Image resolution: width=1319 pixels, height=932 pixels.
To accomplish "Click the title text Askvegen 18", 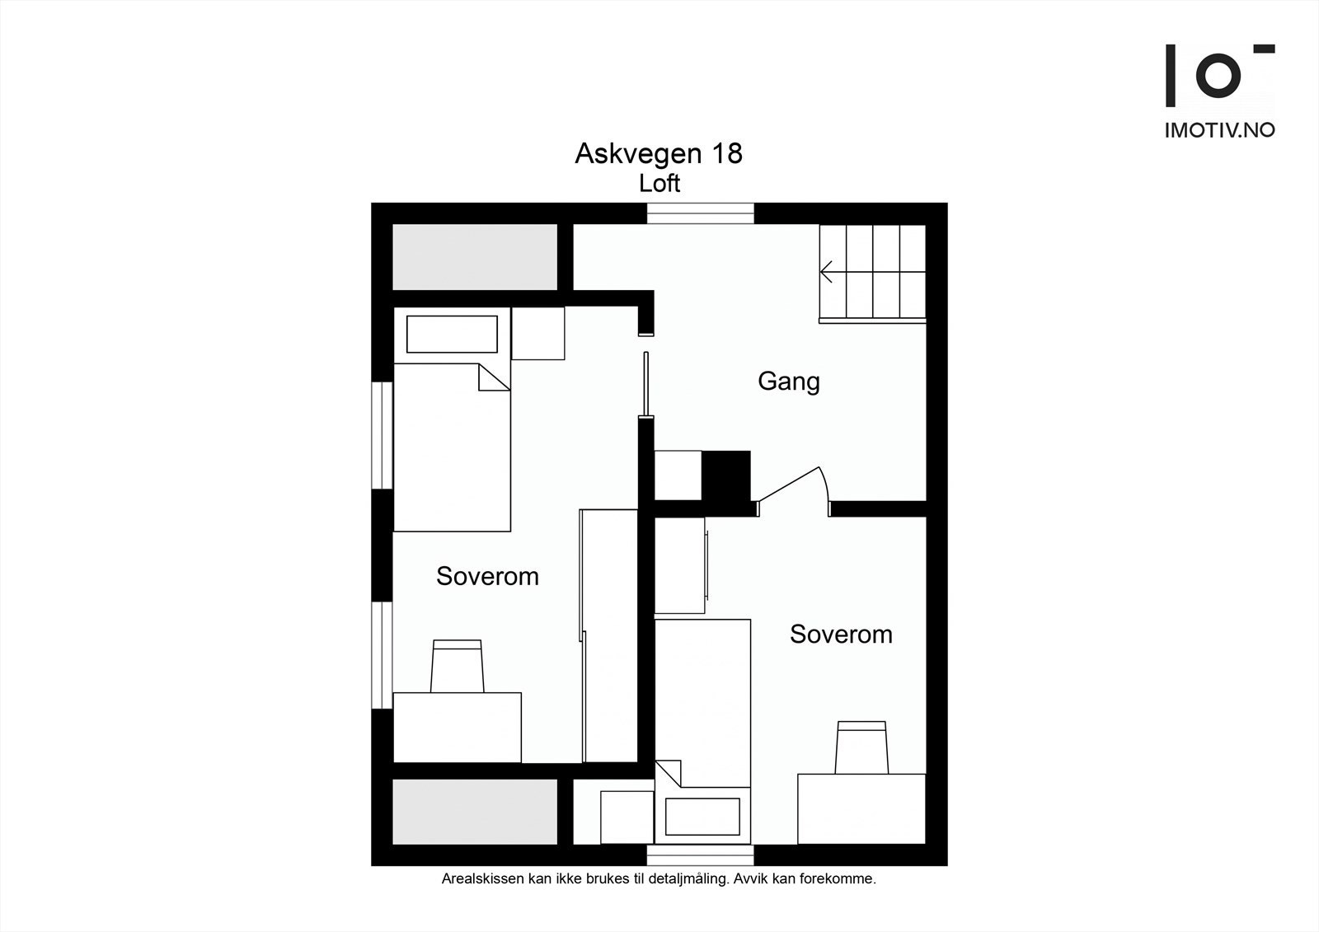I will [658, 154].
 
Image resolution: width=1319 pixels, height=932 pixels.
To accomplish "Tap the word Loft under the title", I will [659, 183].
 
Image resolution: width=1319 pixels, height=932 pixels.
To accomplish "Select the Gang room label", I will [788, 382].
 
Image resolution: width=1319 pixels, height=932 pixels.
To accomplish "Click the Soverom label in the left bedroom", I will [487, 576].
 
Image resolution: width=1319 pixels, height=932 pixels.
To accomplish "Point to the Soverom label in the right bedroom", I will [841, 634].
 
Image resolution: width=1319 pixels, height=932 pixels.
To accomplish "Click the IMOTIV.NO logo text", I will [1219, 130].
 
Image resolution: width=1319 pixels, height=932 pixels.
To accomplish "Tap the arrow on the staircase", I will [827, 271].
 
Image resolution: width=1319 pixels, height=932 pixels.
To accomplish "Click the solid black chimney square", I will [725, 475].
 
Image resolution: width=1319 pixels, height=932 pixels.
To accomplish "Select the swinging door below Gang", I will [791, 486].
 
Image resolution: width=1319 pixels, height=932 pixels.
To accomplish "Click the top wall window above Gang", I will [700, 213].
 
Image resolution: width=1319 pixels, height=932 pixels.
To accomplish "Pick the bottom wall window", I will [700, 855].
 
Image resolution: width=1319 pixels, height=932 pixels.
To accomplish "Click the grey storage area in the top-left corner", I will [474, 256].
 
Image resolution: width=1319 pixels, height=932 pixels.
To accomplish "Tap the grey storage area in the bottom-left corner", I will [474, 812].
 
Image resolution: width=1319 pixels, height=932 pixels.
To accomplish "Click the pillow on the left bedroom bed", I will [452, 334].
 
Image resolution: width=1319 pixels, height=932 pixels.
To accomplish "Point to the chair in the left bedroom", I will [457, 667].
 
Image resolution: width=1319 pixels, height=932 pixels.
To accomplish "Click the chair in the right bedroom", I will [861, 747].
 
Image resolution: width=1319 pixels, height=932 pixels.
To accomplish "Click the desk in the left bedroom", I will [457, 728].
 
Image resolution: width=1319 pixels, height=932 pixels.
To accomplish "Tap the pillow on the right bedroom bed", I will [702, 815].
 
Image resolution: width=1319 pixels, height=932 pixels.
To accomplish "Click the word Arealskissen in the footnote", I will [482, 879].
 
